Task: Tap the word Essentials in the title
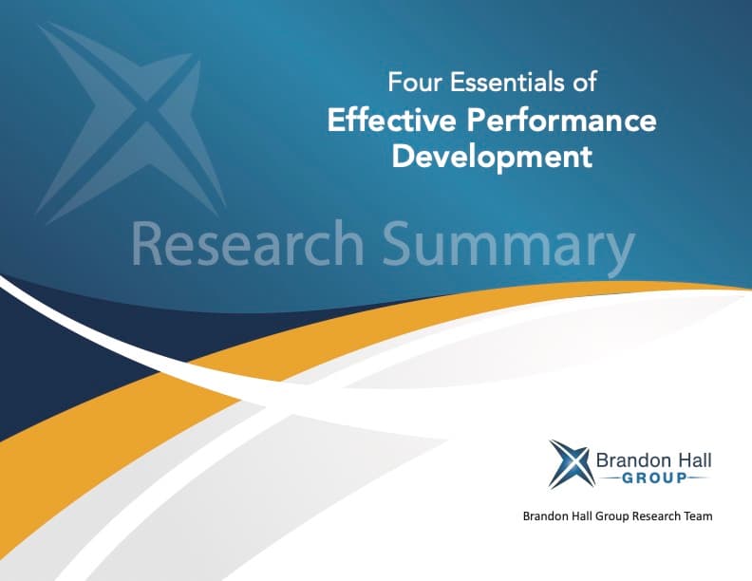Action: pyautogui.click(x=499, y=84)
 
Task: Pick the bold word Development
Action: pyautogui.click(x=492, y=156)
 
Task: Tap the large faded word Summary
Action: pyautogui.click(x=508, y=245)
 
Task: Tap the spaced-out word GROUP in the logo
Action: pyautogui.click(x=654, y=478)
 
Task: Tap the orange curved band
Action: pyautogui.click(x=190, y=399)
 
